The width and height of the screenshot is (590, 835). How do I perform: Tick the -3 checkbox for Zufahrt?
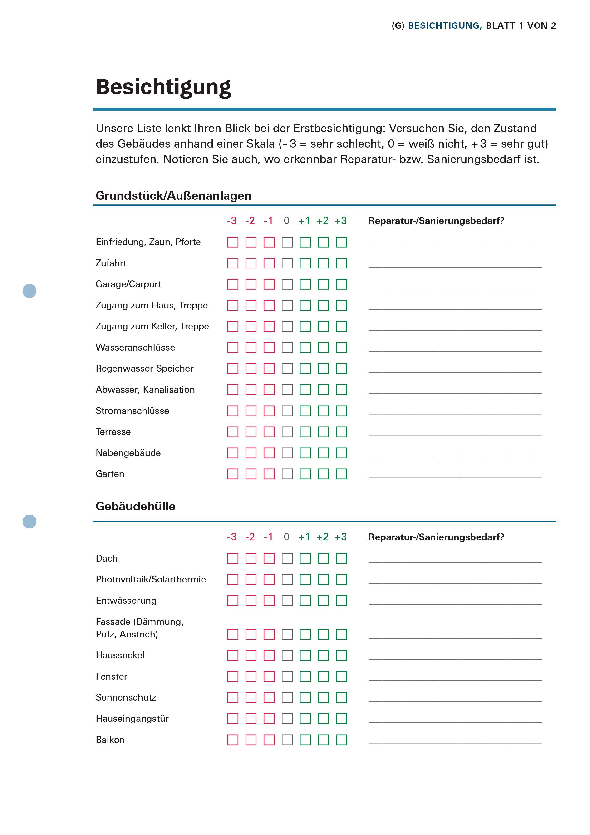(233, 263)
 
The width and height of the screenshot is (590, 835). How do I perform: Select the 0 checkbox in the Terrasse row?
(287, 432)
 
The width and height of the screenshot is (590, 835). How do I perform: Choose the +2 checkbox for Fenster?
(323, 677)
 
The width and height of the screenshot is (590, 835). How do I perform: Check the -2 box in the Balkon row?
(251, 740)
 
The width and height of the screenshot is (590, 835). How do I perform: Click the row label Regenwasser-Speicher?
(144, 369)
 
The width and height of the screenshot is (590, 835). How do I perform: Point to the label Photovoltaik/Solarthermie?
(151, 579)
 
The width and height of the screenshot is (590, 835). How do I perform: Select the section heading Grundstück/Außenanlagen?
(173, 196)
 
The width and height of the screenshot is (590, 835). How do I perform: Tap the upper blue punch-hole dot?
(29, 291)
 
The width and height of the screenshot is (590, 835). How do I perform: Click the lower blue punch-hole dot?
(29, 522)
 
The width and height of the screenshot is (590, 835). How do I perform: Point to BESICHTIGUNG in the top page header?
(445, 26)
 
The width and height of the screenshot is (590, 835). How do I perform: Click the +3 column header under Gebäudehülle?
(341, 537)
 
